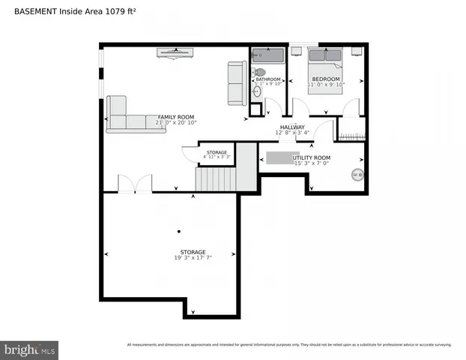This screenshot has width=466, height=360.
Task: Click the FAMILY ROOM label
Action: pos(175,117)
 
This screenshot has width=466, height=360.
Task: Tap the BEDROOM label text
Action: pos(326,79)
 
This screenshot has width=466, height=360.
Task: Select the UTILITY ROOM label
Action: pos(312,157)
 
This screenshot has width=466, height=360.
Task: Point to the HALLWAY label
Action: pos(292,127)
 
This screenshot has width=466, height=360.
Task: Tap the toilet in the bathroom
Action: pos(259,72)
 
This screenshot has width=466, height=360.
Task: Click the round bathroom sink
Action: pos(257,91)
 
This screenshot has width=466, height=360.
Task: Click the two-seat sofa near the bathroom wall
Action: pos(237,83)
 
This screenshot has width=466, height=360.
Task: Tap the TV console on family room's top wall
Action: pos(175,52)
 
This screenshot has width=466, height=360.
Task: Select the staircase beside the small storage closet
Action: pos(216,179)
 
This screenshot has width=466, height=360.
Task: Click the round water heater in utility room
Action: pos(357,175)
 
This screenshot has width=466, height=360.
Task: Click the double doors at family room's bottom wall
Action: pos(135,184)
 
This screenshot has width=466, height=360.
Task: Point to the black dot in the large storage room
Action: pos(178,231)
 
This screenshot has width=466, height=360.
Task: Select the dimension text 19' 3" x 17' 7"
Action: pos(193,258)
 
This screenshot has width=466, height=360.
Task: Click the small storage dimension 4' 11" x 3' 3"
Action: pos(217,157)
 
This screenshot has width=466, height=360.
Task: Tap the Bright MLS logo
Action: pos(30,349)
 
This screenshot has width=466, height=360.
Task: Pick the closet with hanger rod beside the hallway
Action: pos(351,130)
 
